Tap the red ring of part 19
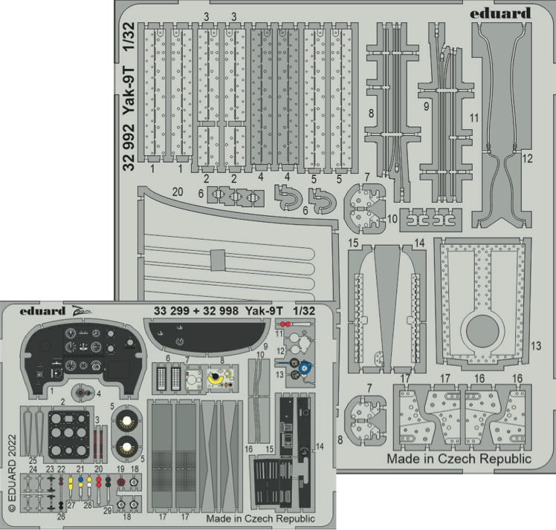click(x=120, y=481)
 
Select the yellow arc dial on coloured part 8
click(x=217, y=379)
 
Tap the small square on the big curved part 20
click(x=217, y=260)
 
